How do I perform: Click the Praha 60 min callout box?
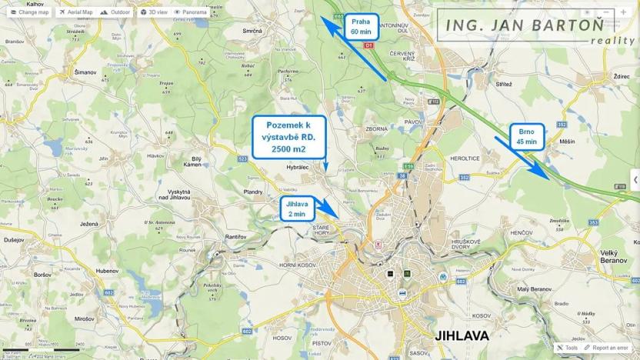(x=360, y=27)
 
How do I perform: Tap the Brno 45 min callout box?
(x=526, y=136)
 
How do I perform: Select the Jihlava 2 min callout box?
(x=295, y=208)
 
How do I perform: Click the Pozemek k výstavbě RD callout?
(x=288, y=137)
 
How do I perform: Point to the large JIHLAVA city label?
(x=462, y=336)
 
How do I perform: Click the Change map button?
(x=29, y=12)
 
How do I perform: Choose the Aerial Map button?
(x=76, y=12)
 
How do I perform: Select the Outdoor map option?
(x=115, y=12)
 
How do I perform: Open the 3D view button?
(x=154, y=12)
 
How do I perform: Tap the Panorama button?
(x=190, y=12)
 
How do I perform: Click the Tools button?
(x=567, y=348)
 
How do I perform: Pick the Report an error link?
(x=609, y=348)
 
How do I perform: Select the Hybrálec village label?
(x=297, y=166)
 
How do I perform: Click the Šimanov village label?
(x=85, y=72)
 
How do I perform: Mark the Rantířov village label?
(x=235, y=236)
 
